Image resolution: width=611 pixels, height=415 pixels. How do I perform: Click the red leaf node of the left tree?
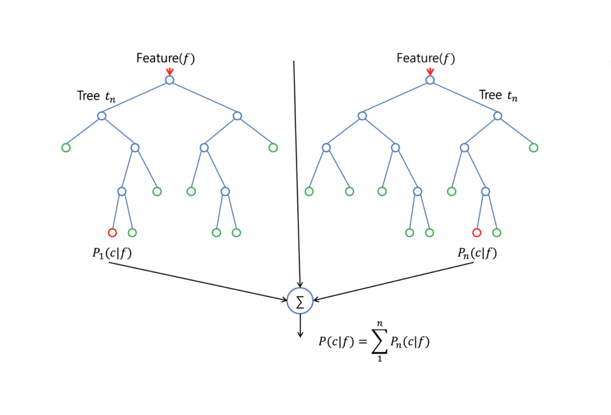click(x=112, y=232)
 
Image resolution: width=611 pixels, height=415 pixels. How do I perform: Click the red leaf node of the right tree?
click(x=477, y=232)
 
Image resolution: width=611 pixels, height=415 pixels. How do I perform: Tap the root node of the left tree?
click(x=170, y=80)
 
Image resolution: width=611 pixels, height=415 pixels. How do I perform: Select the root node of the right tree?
click(x=430, y=80)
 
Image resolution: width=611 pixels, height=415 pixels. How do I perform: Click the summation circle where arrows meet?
click(x=300, y=301)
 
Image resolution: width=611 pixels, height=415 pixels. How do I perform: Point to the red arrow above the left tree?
click(x=170, y=71)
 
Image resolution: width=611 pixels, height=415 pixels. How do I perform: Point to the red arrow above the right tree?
click(x=430, y=71)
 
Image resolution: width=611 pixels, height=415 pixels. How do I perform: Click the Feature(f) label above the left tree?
click(x=165, y=58)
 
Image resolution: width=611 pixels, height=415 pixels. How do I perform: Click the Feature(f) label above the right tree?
click(x=425, y=58)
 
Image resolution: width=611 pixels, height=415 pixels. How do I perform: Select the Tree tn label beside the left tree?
click(x=96, y=96)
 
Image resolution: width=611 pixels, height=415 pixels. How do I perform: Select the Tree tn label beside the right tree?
click(x=498, y=95)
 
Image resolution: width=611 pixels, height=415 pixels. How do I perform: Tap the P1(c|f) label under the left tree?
click(x=112, y=253)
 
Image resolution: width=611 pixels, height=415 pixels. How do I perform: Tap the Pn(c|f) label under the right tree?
click(x=477, y=253)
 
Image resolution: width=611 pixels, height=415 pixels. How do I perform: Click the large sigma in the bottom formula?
click(x=379, y=341)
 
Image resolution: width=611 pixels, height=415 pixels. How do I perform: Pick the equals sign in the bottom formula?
click(x=363, y=341)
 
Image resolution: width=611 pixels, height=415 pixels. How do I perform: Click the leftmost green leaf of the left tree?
click(x=66, y=148)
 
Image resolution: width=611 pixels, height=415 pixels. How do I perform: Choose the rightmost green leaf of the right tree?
click(x=533, y=148)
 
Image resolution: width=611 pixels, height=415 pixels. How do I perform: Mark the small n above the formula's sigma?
click(x=380, y=324)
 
